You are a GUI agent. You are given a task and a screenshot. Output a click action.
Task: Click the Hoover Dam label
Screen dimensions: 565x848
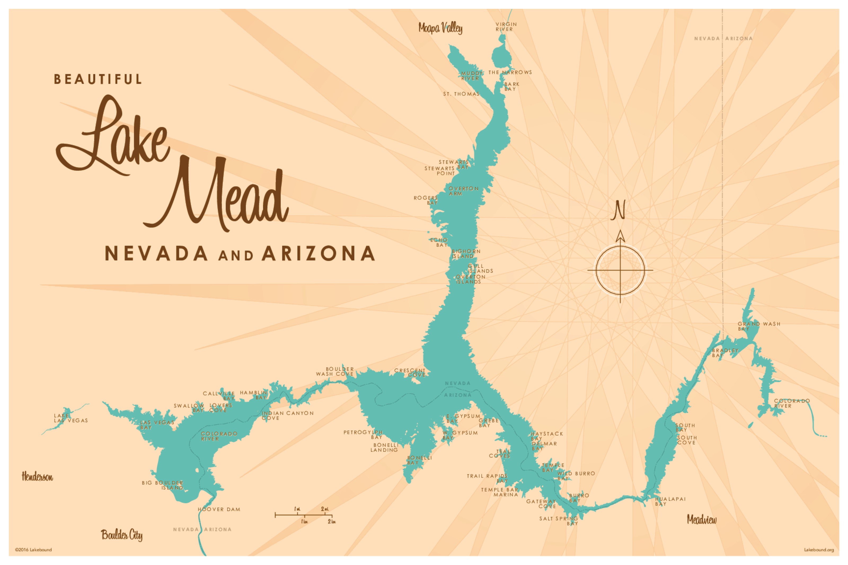tap(219, 509)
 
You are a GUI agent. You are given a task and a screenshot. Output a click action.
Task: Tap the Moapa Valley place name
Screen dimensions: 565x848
tap(440, 28)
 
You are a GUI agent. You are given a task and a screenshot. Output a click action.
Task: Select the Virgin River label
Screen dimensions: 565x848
tap(506, 27)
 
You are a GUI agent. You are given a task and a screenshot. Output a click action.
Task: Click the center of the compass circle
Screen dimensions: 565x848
tap(620, 270)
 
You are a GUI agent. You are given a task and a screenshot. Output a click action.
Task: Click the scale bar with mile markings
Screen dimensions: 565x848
tap(303, 515)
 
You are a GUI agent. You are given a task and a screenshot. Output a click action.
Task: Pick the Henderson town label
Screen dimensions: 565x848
tap(37, 477)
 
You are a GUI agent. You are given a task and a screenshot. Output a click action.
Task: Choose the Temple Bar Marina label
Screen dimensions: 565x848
tap(500, 492)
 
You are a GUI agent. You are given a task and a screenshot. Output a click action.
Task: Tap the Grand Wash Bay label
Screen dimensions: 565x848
tap(758, 326)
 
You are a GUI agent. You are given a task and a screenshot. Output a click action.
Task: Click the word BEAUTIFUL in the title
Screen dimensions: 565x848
tap(98, 79)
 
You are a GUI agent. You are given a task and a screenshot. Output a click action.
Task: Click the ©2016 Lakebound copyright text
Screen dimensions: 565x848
tap(33, 550)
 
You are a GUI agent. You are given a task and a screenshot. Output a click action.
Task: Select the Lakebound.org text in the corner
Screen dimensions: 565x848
tap(819, 550)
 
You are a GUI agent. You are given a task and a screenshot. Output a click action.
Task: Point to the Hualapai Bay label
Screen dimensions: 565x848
tap(670, 501)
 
